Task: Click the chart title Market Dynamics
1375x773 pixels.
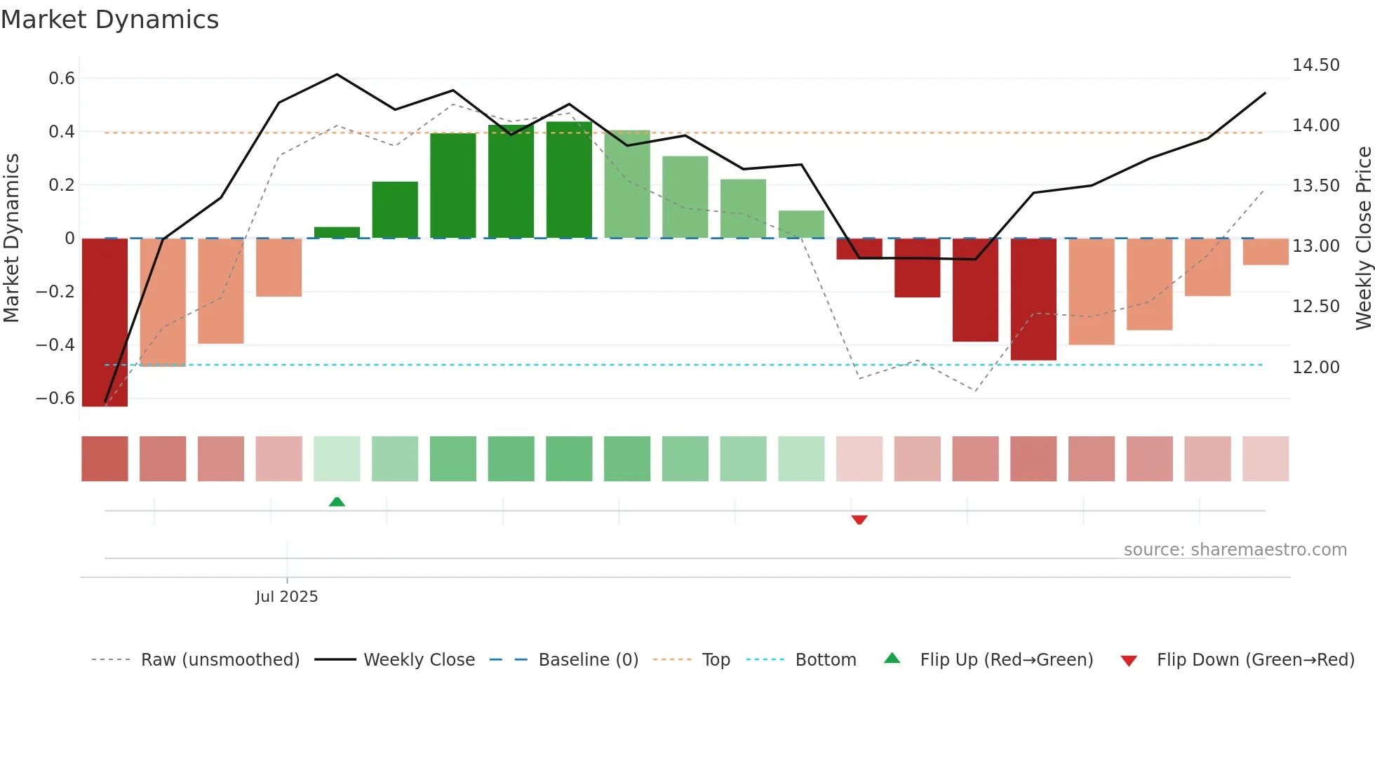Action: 109,20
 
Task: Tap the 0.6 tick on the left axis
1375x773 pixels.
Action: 62,79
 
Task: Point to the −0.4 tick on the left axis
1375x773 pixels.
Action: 55,345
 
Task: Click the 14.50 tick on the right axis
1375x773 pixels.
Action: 1315,65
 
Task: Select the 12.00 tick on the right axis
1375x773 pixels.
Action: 1315,367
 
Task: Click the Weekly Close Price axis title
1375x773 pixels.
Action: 1363,238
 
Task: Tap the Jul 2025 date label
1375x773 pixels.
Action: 286,596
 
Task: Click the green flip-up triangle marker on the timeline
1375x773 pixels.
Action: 337,502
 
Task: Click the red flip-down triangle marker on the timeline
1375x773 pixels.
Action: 859,520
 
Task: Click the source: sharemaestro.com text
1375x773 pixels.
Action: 1235,550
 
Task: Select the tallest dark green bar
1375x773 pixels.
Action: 569,180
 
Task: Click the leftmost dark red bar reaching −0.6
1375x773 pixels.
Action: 105,323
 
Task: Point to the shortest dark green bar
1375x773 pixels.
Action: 337,233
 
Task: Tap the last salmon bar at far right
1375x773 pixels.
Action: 1266,252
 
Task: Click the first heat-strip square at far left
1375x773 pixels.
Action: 105,459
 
